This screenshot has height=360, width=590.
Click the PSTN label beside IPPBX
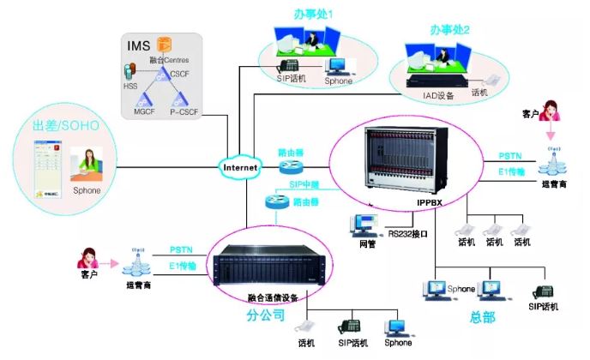[x=511, y=156]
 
